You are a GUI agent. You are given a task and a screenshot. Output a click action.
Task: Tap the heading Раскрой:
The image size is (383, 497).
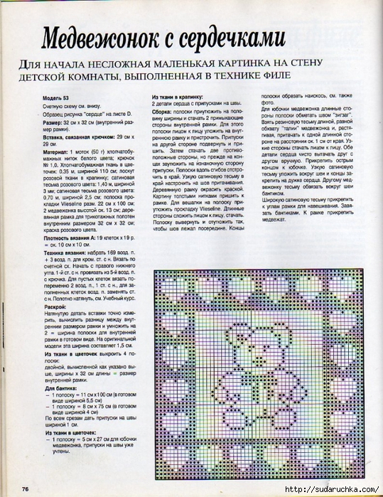click(x=55, y=306)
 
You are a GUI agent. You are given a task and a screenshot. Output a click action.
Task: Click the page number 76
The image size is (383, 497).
click(x=26, y=488)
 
